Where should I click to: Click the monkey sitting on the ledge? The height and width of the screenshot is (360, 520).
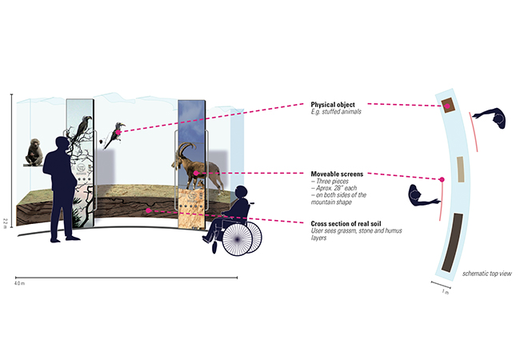[34, 152]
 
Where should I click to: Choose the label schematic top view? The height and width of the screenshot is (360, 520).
[486, 274]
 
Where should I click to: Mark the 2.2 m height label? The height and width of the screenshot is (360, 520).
[6, 221]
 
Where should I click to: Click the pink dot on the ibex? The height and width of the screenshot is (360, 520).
[196, 173]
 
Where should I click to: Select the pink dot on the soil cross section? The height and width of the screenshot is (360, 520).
[149, 210]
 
